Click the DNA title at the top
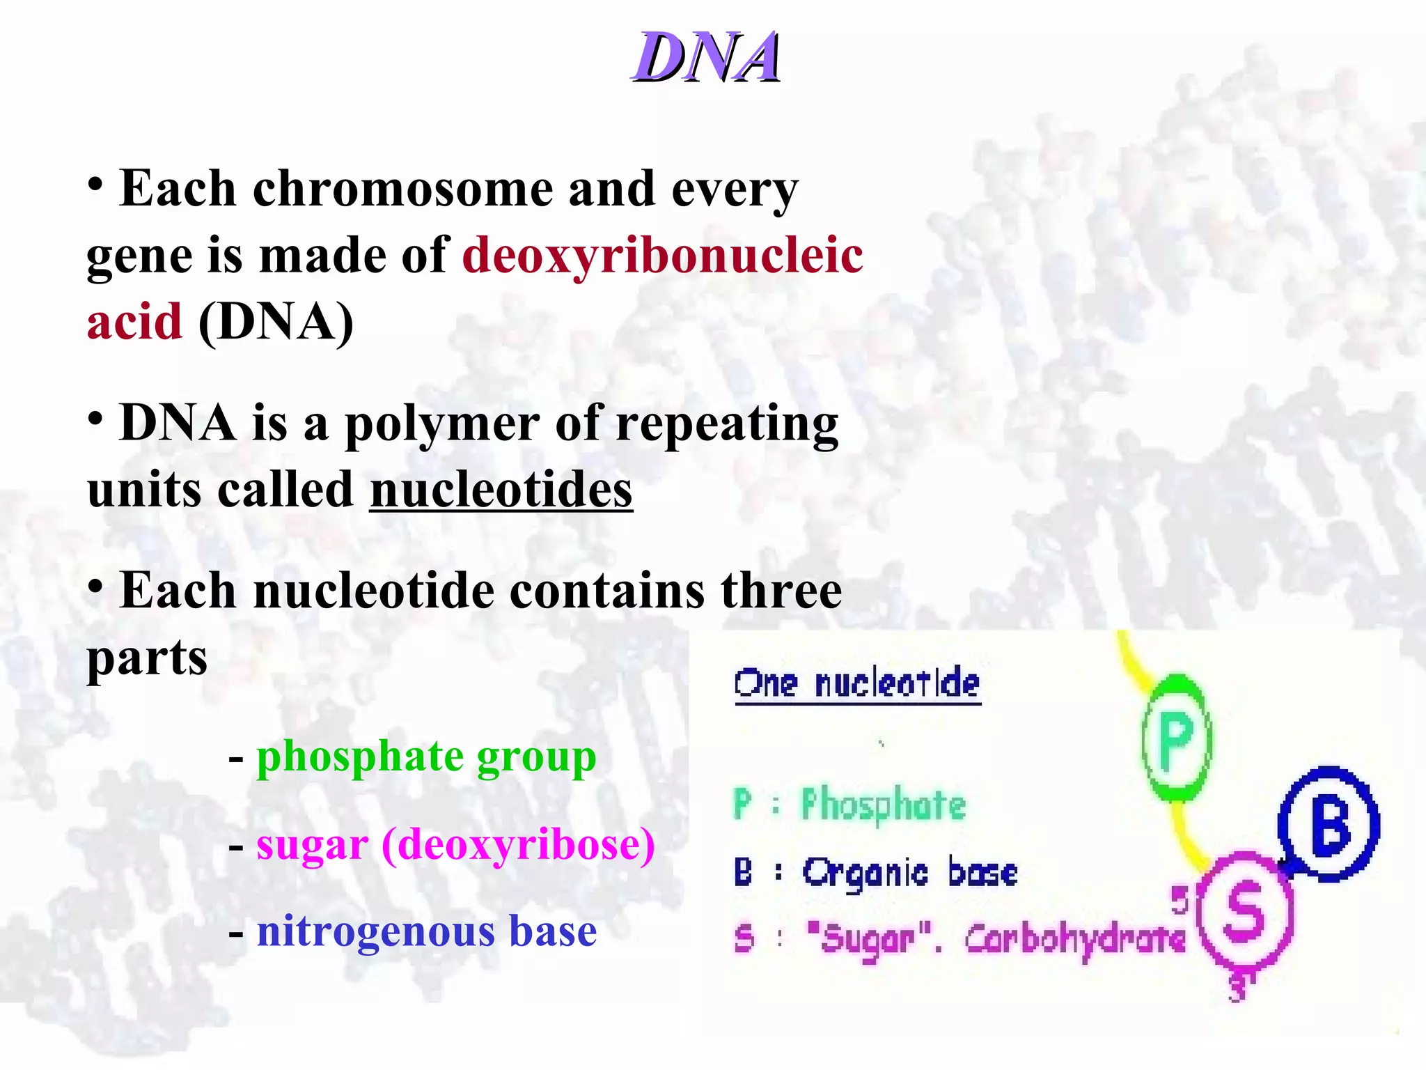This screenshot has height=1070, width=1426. coord(706,57)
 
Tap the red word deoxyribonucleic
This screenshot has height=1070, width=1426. coord(662,255)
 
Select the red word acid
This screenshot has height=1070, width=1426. coord(134,322)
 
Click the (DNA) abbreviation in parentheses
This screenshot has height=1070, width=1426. coord(276,322)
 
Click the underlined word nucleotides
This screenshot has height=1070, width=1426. coord(501,490)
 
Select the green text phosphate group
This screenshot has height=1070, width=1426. coord(426,757)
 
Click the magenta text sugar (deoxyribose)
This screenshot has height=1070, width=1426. coord(455,844)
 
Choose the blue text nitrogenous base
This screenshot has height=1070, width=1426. coord(426,931)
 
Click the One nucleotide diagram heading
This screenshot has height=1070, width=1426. coord(857,683)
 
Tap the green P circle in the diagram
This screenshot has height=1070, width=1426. coord(1176,738)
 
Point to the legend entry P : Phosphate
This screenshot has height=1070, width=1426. coord(849,805)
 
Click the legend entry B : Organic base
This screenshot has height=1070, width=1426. coord(875,872)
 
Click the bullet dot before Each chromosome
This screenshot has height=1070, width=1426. coord(96,185)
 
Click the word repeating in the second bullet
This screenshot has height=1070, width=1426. coord(727,424)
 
